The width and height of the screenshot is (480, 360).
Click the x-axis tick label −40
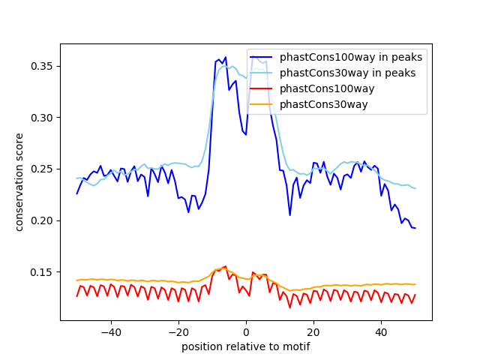tap(110, 331)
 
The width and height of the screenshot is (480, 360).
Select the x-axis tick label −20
tap(178, 331)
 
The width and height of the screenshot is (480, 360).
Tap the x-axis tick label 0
tap(246, 331)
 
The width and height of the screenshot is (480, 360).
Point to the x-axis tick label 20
tap(313, 331)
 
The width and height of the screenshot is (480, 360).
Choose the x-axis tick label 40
tap(381, 331)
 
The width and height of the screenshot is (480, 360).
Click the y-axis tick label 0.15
tap(42, 272)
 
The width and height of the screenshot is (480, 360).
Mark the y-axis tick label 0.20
tap(42, 220)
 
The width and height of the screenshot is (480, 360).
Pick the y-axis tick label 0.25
tap(42, 169)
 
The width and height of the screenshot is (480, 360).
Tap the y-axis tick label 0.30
tap(42, 118)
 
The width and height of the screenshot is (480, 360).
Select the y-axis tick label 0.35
tap(42, 67)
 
